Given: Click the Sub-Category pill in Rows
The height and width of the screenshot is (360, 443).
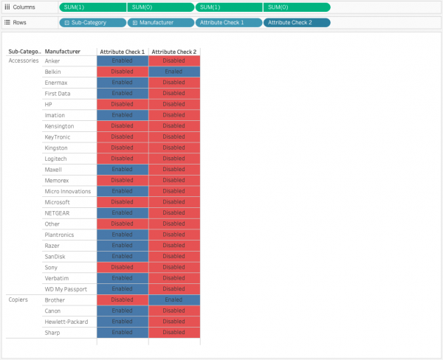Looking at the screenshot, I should point(92,22).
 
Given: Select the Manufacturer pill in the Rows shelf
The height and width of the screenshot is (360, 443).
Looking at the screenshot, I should point(161,22).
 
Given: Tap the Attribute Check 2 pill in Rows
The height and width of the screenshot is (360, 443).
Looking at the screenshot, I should point(297,22).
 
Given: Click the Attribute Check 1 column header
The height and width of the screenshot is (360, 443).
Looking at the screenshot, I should point(123,52).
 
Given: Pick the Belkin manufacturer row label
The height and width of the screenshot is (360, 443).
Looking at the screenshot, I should point(52,72).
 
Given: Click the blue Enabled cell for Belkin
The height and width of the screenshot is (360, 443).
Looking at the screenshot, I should point(174,72).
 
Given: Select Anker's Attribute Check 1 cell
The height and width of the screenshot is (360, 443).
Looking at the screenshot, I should point(123,60).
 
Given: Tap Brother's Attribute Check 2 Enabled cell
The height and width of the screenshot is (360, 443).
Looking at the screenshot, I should point(174,300).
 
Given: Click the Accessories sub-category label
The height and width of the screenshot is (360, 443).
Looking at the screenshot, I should point(23,60).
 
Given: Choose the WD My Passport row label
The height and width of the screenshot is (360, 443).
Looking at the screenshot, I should point(66,289).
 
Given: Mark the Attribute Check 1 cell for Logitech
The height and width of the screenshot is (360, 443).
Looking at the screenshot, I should point(123,159).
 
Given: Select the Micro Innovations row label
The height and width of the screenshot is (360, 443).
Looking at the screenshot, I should point(67,191).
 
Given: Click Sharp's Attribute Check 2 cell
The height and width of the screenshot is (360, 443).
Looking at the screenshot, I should point(174,333).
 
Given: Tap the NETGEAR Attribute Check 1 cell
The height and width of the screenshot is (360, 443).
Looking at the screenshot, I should point(123,213).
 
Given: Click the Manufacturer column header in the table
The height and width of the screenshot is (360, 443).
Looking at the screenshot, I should point(63,52).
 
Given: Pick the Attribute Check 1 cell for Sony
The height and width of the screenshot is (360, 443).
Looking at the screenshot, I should point(123,267).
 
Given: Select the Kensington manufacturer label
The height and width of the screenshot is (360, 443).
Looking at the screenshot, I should point(59,126).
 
